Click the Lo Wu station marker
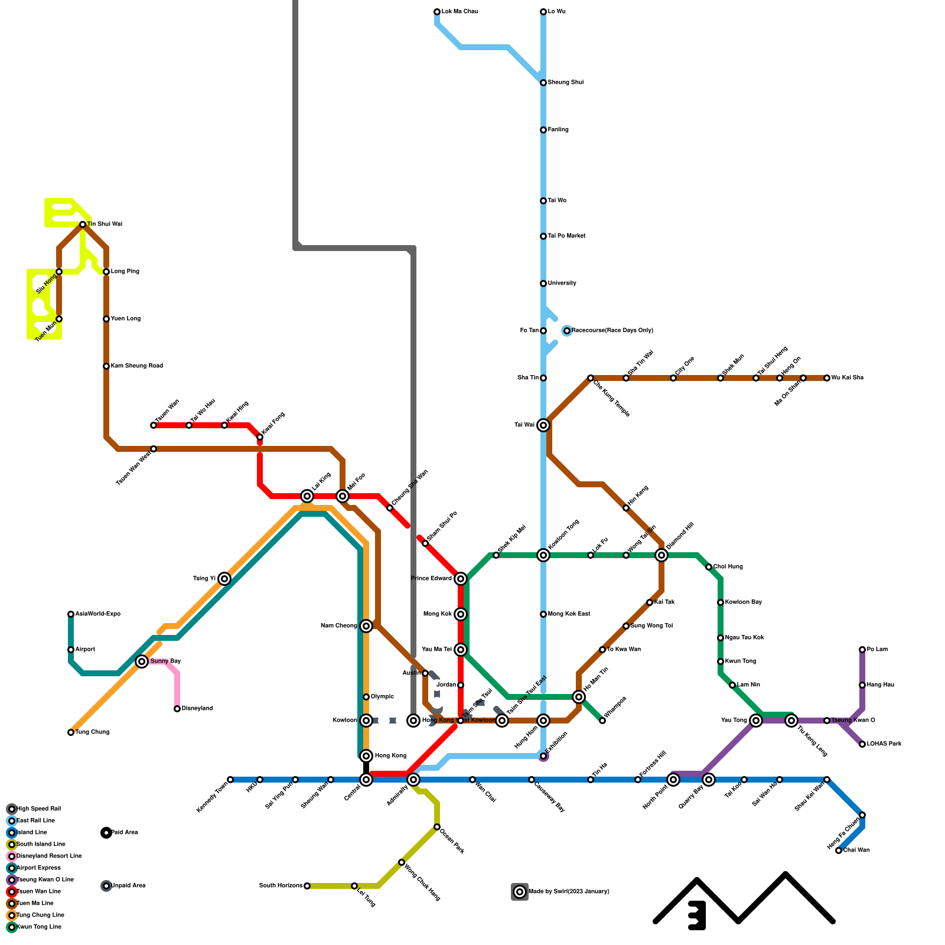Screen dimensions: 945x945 coord(543,12)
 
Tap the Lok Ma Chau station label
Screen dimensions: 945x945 coord(460,12)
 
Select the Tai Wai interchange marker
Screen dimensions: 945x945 coord(543,425)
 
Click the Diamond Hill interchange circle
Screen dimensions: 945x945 coord(661,555)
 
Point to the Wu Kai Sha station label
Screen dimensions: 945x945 coord(847,378)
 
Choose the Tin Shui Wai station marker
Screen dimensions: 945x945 coord(83,224)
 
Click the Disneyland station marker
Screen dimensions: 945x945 coord(177,709)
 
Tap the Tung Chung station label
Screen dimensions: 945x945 coord(92,732)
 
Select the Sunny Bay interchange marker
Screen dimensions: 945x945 coord(142,661)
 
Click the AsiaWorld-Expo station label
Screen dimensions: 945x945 coord(97,614)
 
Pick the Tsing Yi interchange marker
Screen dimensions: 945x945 coord(224,579)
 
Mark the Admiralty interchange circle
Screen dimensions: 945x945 coord(413,780)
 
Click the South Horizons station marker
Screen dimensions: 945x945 coord(307,886)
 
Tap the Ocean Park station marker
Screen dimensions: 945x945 coord(437,827)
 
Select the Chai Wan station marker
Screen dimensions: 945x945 coord(839,850)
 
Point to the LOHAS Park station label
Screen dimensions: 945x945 coord(884,744)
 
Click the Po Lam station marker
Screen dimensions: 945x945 coord(862,650)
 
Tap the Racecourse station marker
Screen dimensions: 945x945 coord(567,331)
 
